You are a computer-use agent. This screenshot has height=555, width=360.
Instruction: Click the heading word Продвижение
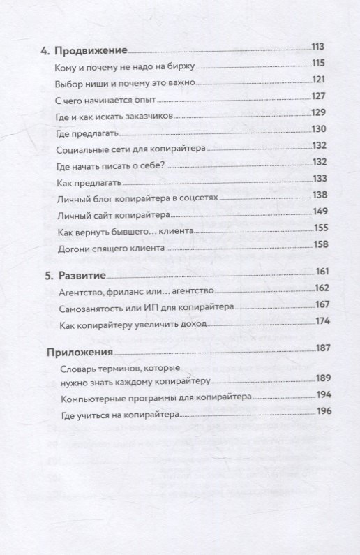tap(93, 51)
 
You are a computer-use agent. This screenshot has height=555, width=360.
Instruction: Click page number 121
tap(320, 80)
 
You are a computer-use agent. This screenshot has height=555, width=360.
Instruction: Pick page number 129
tap(320, 112)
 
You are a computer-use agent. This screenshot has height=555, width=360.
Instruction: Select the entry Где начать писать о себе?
tap(112, 166)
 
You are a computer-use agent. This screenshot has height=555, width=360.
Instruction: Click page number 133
tap(320, 179)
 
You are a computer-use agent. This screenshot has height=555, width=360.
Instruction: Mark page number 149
tap(320, 212)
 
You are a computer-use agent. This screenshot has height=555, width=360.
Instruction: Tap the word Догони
tap(72, 249)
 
